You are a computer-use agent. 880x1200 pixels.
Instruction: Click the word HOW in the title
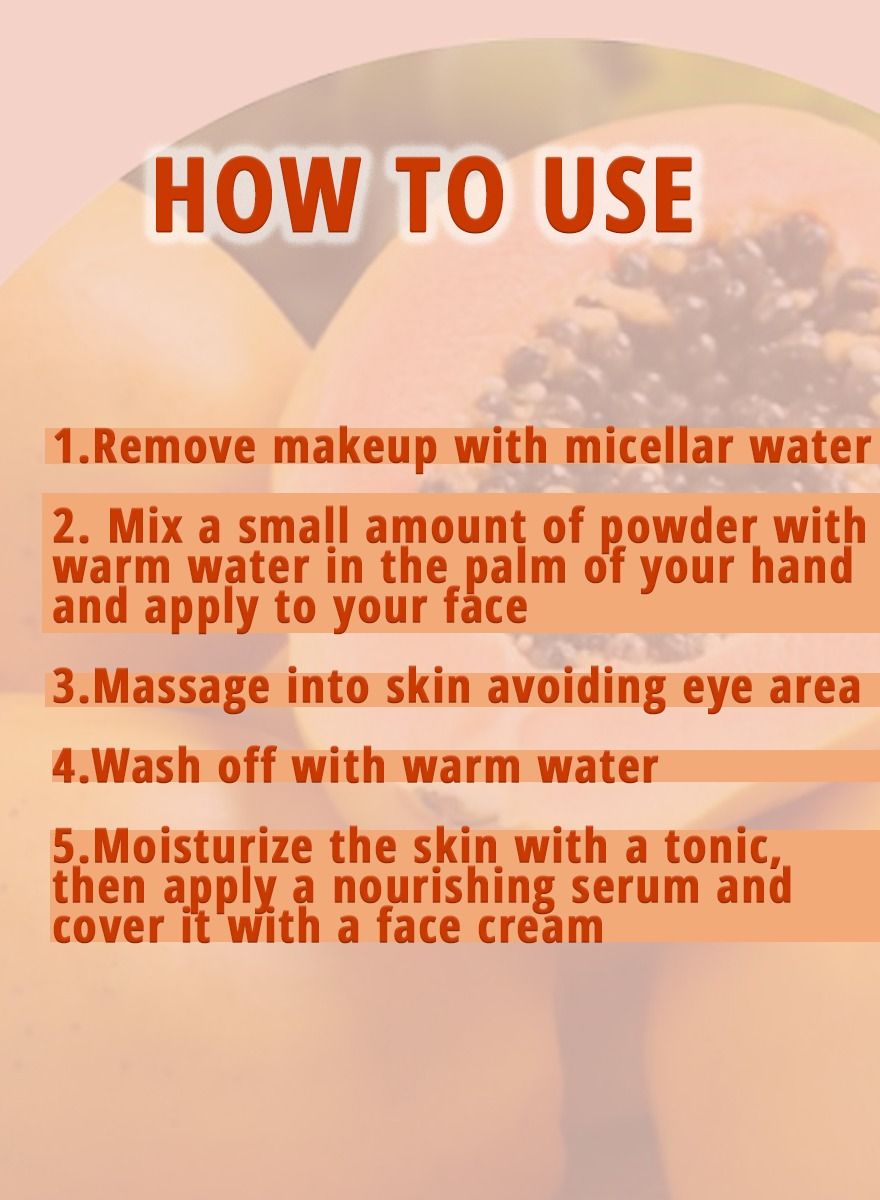click(x=254, y=195)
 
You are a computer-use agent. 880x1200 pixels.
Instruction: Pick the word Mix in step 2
click(x=145, y=527)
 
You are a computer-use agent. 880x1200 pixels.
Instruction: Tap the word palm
click(x=515, y=569)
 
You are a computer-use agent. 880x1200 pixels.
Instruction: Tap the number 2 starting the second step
click(x=66, y=528)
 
